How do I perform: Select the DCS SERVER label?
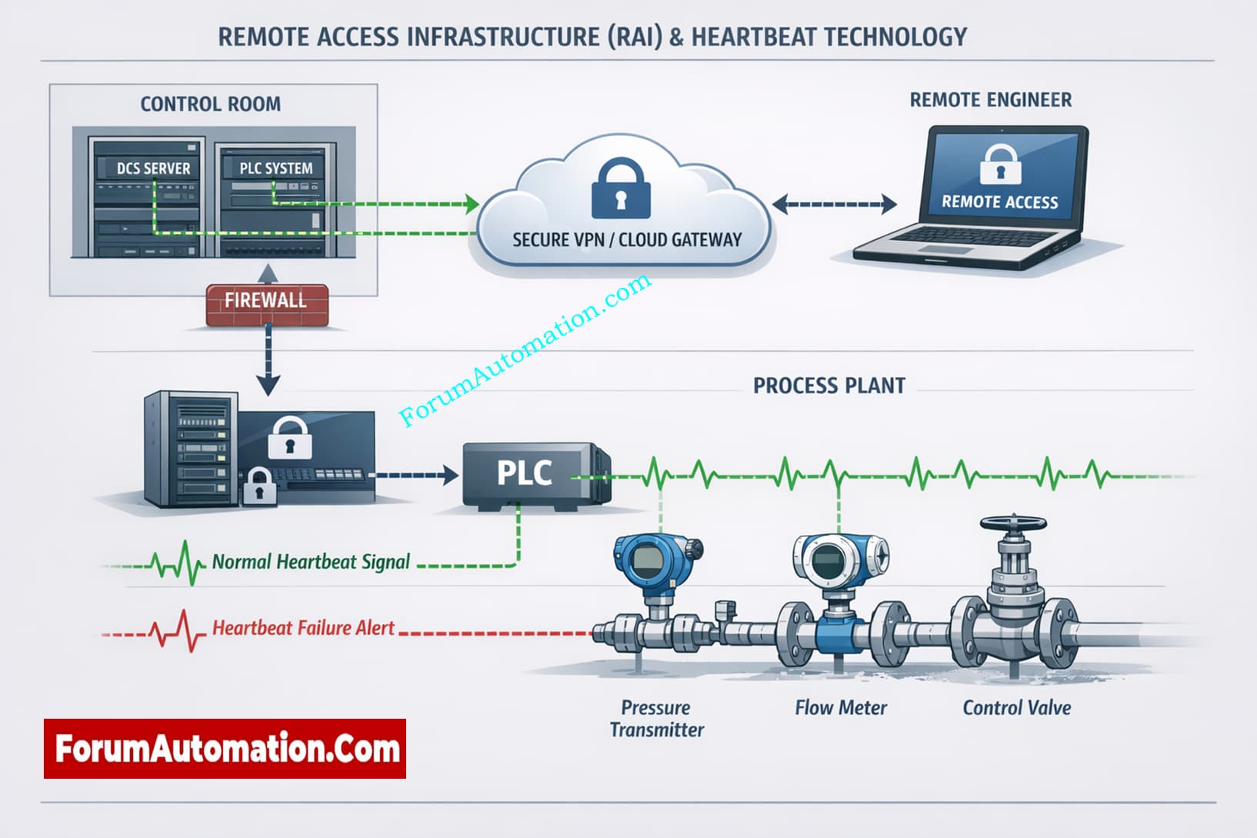pos(153,169)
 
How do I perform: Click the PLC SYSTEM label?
pos(275,169)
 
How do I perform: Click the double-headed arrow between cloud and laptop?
pos(835,204)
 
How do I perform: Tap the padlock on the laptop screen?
pos(1000,164)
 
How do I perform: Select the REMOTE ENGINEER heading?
pos(990,100)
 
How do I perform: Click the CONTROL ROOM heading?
pos(210,104)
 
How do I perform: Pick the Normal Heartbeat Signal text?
pos(311,562)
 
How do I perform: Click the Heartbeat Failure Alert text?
pos(303,628)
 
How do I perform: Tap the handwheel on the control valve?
pos(1013,524)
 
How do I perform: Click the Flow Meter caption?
pos(841,707)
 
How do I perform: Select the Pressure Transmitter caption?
pos(656,718)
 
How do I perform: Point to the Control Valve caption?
pos(1016,707)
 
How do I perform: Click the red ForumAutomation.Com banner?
pos(225,749)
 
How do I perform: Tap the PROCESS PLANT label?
pos(829,386)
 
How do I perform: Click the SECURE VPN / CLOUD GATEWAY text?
pos(627,240)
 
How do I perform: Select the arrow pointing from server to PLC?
pos(415,475)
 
